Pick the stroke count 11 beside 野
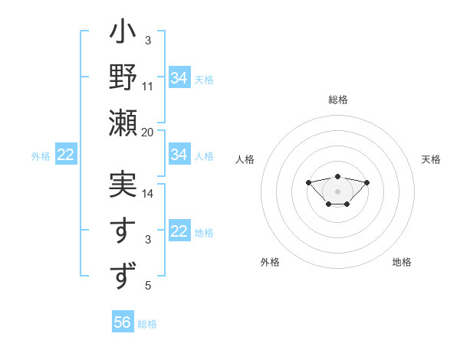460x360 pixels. (148, 87)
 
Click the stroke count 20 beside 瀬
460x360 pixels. (148, 132)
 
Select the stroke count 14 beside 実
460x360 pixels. (148, 194)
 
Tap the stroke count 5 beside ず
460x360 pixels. (148, 286)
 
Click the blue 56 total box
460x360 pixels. (123, 322)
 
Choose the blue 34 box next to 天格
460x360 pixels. (179, 78)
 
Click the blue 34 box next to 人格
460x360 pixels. (179, 155)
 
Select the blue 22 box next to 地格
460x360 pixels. (179, 232)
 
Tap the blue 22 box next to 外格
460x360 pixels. (66, 155)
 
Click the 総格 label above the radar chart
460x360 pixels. (337, 100)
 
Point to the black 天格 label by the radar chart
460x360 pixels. (432, 159)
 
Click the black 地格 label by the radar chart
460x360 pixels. (402, 262)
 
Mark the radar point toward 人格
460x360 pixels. (308, 182)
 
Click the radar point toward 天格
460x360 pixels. (366, 182)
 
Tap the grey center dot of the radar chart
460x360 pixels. (337, 191)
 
